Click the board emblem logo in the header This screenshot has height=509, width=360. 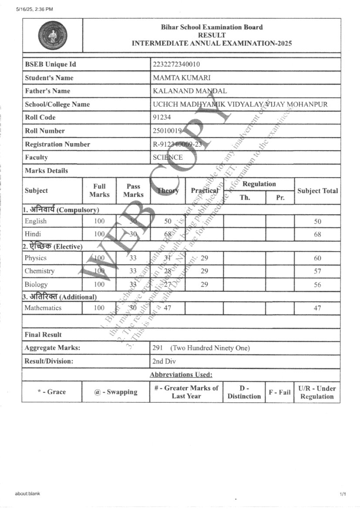coord(52,35)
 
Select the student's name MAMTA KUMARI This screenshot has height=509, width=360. coord(182,78)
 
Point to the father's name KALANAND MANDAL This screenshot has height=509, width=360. coord(190,91)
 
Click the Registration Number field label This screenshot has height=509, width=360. coord(57,144)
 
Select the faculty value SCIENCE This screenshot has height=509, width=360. coord(168,158)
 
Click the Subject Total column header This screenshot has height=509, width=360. coord(317,191)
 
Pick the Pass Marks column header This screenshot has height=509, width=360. coord(133,191)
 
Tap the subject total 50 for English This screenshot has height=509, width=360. coord(317,221)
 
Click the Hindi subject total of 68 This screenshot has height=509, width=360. coord(317,234)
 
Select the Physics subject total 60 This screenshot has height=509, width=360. coord(317,258)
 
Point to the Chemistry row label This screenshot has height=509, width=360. coord(40,271)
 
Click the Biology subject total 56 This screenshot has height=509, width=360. coord(317,285)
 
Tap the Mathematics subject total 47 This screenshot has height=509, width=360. coord(317,308)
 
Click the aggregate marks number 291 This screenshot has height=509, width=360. coord(158,348)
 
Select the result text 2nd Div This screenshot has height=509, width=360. coord(164,361)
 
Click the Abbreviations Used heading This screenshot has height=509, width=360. coord(181,374)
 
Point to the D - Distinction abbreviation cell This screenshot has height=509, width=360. coord(244,392)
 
